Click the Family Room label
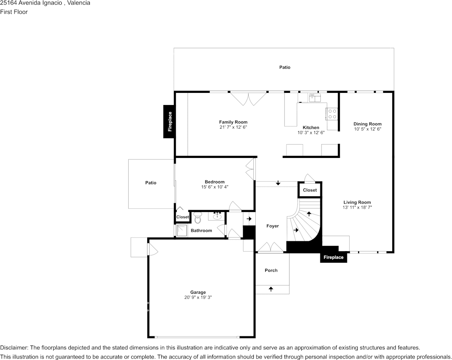(x=233, y=122)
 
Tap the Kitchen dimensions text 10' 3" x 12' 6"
(x=311, y=133)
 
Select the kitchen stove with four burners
(x=332, y=114)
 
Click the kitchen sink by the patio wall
(x=315, y=98)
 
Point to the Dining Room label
(x=367, y=124)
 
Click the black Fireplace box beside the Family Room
(x=170, y=121)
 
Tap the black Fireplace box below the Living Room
(x=333, y=258)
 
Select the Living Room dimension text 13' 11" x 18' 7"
(x=357, y=207)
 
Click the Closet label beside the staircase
(x=310, y=190)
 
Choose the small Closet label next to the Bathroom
(x=182, y=217)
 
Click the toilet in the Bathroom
(x=197, y=218)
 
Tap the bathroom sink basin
(x=217, y=217)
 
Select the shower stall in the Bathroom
(x=182, y=231)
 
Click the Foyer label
(x=272, y=226)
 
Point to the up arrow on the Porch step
(x=271, y=289)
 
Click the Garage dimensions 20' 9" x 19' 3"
(x=198, y=298)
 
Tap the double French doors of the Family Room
(x=248, y=99)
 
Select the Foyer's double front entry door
(x=270, y=247)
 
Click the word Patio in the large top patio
(x=285, y=67)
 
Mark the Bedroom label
(x=215, y=182)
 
